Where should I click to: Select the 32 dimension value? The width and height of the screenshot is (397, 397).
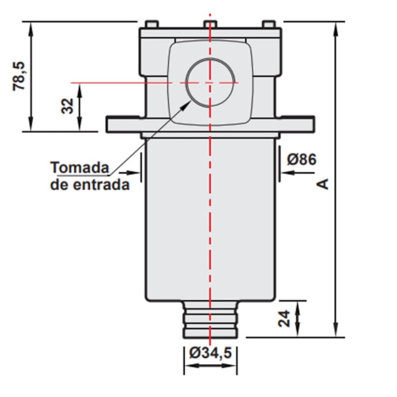click(x=67, y=105)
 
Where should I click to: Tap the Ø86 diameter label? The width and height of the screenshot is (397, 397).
click(x=302, y=159)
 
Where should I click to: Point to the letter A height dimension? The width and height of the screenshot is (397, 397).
click(x=324, y=183)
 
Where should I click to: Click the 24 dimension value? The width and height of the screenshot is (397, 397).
click(x=285, y=319)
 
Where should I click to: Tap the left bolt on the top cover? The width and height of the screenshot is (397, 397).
click(x=150, y=24)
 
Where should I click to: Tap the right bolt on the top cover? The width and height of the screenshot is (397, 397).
click(x=269, y=24)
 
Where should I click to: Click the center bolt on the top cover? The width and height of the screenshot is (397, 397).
click(x=210, y=24)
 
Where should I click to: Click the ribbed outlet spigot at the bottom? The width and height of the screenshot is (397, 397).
click(x=210, y=320)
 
